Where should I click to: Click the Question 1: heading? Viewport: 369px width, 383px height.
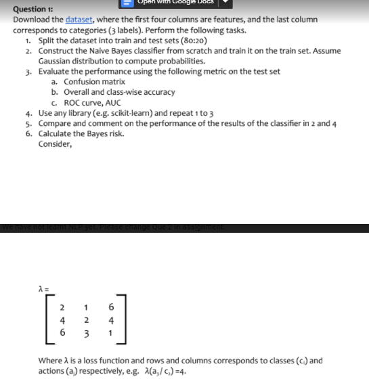point(32,10)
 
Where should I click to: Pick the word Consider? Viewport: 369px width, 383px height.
point(55,143)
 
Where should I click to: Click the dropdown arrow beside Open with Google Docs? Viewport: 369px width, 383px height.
point(224,2)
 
